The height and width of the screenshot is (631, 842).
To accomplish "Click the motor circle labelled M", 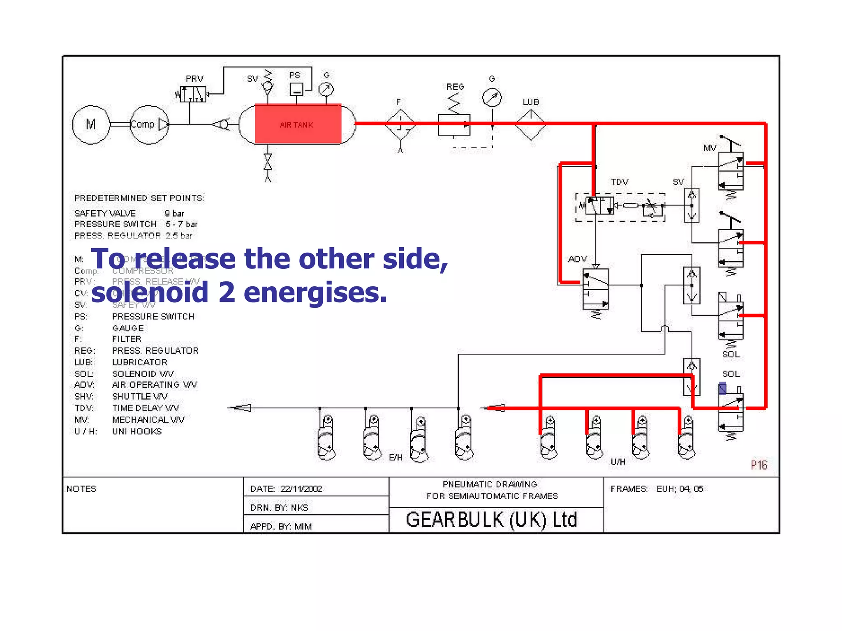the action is coord(91,124).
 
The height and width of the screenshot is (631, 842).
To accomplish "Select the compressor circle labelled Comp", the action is coord(148,124).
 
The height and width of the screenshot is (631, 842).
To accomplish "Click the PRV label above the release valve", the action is coord(194,78).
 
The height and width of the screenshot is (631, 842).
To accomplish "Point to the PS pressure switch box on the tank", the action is coord(296,89).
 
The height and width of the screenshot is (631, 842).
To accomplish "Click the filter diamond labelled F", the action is coord(400,124).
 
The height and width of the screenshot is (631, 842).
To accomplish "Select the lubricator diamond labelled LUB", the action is coord(530,124).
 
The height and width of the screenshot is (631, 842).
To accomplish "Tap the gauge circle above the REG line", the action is coord(492,97).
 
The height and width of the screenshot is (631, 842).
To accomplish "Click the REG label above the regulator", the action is coord(455,87).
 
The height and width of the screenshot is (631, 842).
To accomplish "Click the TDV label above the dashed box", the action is coord(619,182).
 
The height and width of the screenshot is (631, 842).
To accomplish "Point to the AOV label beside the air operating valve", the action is coord(577,259).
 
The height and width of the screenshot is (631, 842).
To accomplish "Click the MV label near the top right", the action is coord(709,148).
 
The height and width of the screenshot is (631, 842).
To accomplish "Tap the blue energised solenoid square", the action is coord(722,388).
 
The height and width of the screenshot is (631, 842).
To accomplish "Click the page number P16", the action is coord(759,465).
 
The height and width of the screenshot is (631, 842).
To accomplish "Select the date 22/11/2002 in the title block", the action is coord(301,489).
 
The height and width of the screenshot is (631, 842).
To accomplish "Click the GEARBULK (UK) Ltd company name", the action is coord(491,520).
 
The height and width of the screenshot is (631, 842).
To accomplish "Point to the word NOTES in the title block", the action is coord(81,489).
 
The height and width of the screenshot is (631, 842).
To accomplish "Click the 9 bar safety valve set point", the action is coord(174,213).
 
